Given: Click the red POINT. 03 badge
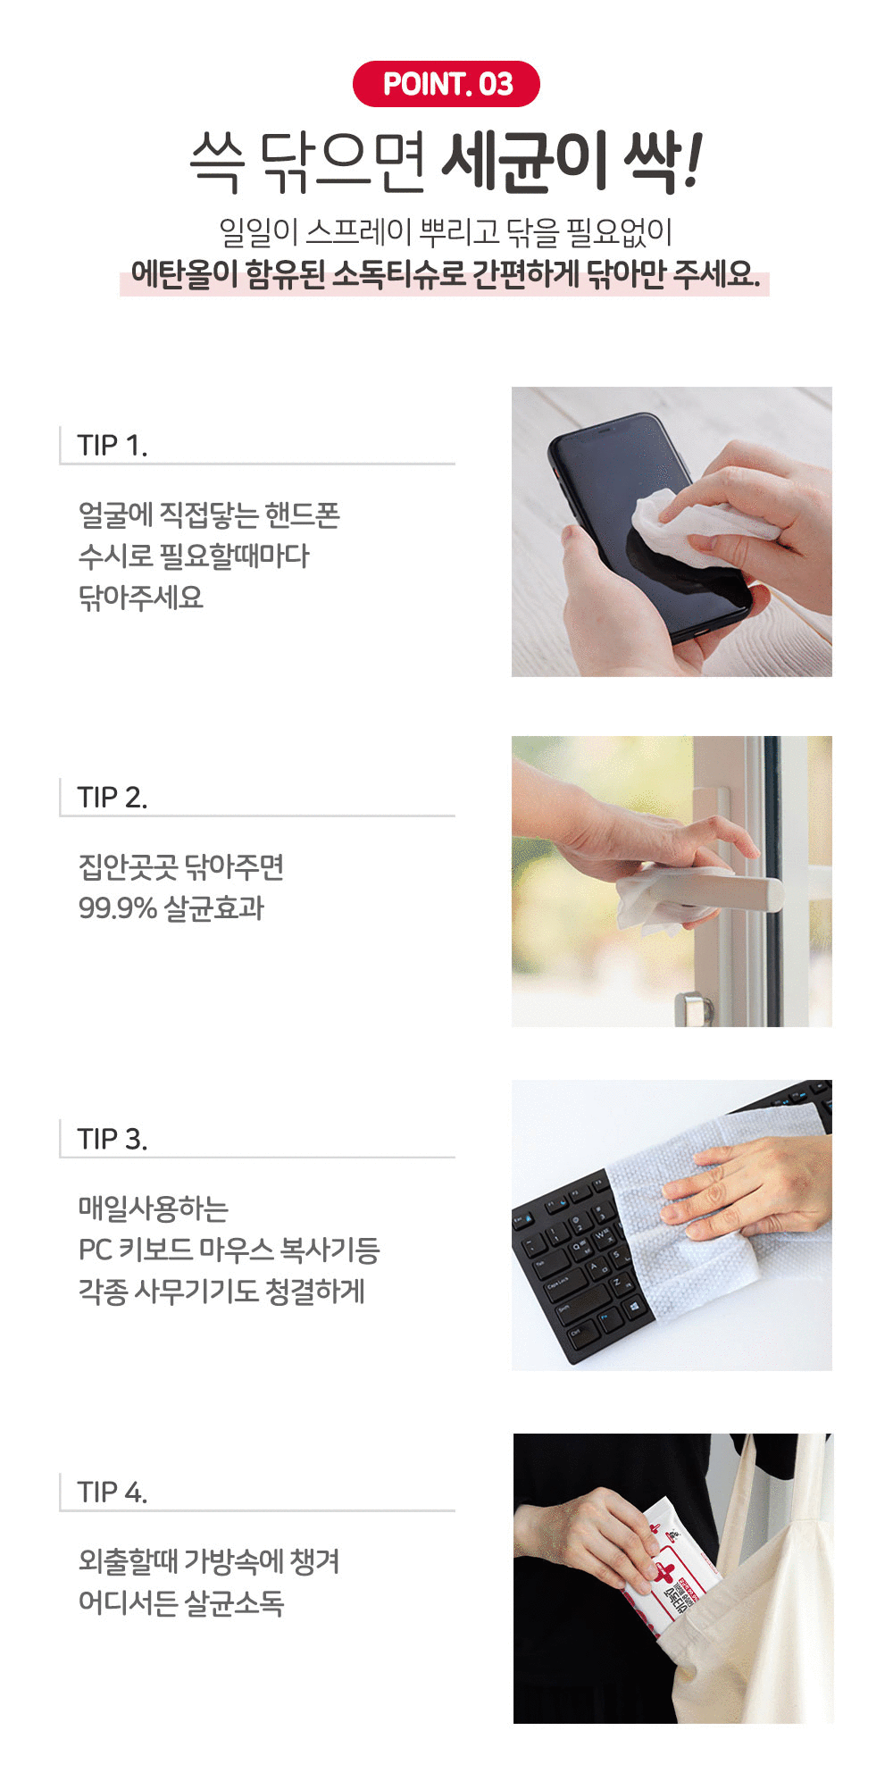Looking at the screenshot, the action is (x=446, y=84).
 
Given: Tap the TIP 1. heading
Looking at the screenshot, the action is (x=113, y=445).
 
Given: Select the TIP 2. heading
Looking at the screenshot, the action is (x=113, y=797).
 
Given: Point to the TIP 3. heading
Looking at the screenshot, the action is (x=113, y=1139).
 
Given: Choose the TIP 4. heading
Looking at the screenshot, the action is (x=113, y=1492).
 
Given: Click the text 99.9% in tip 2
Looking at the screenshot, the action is (x=117, y=908).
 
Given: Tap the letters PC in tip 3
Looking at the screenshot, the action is (x=95, y=1250).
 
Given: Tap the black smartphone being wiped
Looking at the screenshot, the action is (x=649, y=527).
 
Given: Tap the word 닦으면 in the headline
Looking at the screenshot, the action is (x=343, y=163).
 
